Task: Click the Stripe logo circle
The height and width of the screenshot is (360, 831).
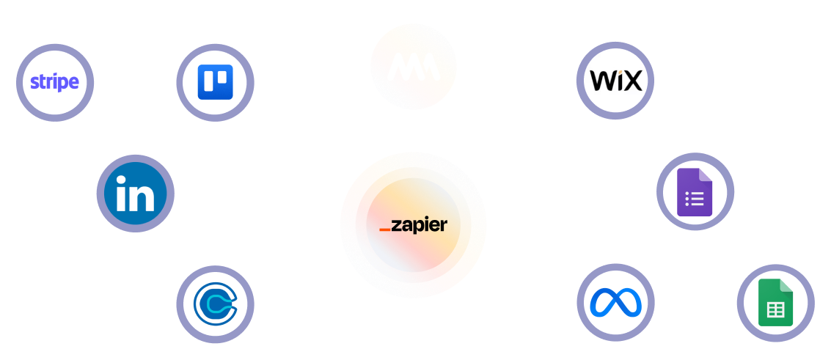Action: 55,82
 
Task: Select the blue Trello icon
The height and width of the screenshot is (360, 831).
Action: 215,82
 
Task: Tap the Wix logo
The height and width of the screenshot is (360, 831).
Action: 615,80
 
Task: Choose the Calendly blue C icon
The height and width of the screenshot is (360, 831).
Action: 215,304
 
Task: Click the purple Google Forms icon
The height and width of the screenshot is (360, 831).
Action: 695,192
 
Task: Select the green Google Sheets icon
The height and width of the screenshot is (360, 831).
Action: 775,304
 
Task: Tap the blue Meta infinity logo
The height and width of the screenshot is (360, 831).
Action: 615,302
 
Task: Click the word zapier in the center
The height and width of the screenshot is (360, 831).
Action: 419,225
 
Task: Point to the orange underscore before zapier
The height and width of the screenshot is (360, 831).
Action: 384,230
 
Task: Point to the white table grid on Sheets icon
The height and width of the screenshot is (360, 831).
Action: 775,310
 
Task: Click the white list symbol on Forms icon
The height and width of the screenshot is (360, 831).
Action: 694,199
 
